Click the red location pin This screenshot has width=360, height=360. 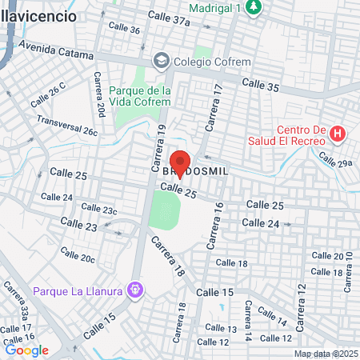point(180,162)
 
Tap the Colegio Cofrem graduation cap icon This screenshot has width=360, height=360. point(162,61)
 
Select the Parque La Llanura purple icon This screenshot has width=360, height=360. point(136,288)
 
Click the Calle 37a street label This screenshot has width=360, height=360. point(170,18)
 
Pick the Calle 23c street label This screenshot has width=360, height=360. point(98,210)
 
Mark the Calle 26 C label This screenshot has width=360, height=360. point(47,97)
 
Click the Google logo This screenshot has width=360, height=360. point(26,350)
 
